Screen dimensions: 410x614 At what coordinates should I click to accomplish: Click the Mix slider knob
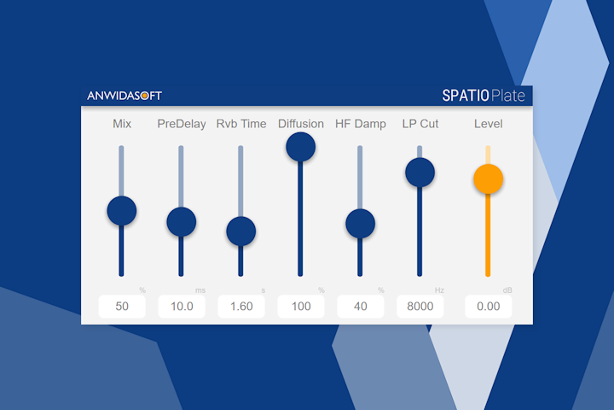(x=122, y=209)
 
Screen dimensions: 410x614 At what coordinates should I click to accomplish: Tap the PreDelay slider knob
(x=182, y=222)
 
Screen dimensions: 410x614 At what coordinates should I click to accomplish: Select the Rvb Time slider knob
(x=240, y=231)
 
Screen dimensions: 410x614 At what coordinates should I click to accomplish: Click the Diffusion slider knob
(x=300, y=147)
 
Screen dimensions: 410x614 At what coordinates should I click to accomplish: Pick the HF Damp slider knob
(x=360, y=224)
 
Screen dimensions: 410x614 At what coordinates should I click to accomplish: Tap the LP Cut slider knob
(x=420, y=173)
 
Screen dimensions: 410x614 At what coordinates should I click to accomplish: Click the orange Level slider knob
(x=488, y=179)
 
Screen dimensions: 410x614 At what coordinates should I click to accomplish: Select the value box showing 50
(x=122, y=307)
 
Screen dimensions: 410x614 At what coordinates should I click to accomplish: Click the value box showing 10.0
(x=182, y=307)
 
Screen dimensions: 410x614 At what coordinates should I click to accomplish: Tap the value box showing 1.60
(x=241, y=307)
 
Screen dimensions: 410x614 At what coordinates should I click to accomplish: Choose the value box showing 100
(x=301, y=307)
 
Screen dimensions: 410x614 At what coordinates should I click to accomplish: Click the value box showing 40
(x=361, y=307)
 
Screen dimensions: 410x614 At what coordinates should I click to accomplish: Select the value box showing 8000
(x=420, y=307)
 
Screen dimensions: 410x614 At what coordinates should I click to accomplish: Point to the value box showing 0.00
(x=489, y=307)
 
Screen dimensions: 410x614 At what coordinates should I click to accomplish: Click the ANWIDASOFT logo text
(x=125, y=96)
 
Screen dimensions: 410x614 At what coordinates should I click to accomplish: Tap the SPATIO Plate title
(x=484, y=96)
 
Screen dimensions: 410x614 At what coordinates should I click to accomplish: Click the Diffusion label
(x=301, y=124)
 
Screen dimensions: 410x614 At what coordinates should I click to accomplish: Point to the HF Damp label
(x=361, y=124)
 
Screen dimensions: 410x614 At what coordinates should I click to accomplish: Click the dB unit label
(x=507, y=290)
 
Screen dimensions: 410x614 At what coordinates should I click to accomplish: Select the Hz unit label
(x=439, y=290)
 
